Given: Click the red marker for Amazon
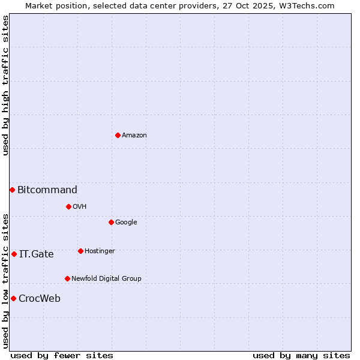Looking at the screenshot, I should click(x=118, y=135).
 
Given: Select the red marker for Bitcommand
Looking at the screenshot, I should click(x=12, y=190).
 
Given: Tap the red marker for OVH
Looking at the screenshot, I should click(x=68, y=206).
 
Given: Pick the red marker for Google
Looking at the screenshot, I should click(x=111, y=222).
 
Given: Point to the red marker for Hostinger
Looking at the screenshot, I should click(x=80, y=251).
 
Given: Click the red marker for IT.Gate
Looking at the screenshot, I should click(x=14, y=254).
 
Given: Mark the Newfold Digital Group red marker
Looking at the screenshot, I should click(x=67, y=278).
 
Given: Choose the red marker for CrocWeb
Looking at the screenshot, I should click(x=13, y=298).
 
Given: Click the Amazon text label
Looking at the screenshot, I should click(x=134, y=136).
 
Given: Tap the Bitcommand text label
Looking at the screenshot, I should click(x=47, y=190).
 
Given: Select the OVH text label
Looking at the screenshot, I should click(x=80, y=207).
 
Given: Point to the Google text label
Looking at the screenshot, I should click(x=126, y=223).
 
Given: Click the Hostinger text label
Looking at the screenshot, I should click(x=100, y=251).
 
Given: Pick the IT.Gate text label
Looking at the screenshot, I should click(x=37, y=254).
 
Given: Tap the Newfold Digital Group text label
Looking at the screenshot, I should click(x=106, y=279).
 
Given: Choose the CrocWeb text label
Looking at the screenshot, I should click(x=40, y=299).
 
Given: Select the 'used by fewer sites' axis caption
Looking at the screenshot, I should click(x=62, y=355).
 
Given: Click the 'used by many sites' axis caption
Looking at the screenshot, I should click(x=301, y=355).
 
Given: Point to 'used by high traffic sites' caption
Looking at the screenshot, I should click(x=5, y=85).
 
